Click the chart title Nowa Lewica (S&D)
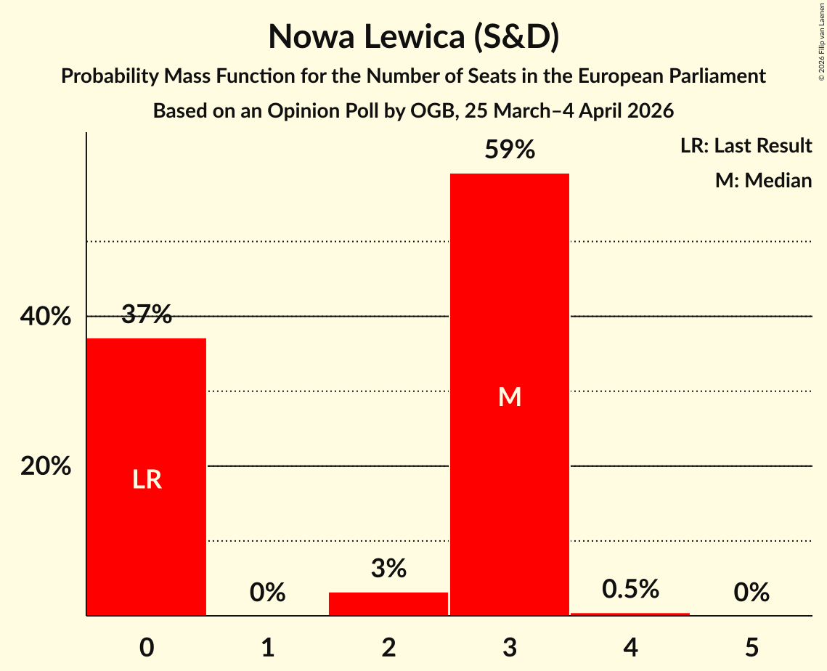coord(413,37)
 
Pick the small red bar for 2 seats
coord(388,604)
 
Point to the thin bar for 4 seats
coord(630,614)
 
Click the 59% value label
coord(510,150)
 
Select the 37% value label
coord(147,314)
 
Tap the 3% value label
coord(388,569)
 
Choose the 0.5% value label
coord(630,589)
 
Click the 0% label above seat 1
coord(267,593)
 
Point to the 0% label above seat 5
coord(751,593)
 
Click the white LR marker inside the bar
coord(147,479)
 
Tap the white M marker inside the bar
coord(510,396)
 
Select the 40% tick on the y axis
coord(46,317)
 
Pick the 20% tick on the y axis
coord(46,466)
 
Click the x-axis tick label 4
coord(630,647)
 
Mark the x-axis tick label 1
coord(267,647)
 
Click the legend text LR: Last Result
coord(746,146)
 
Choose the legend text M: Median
coord(763,180)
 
